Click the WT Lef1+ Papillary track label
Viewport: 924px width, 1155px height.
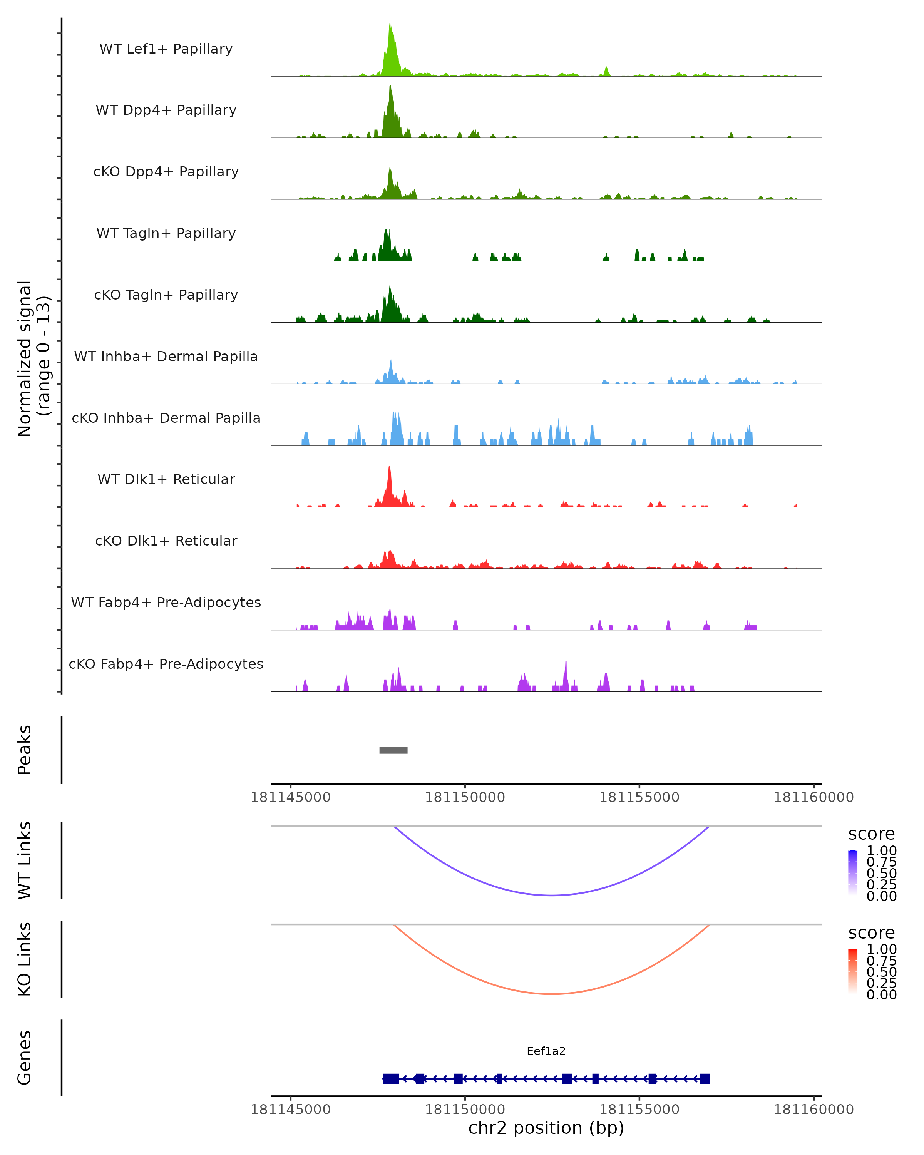[x=166, y=49]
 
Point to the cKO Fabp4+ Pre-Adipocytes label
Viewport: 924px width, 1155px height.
[x=166, y=664]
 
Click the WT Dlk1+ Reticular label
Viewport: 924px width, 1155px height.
[x=166, y=479]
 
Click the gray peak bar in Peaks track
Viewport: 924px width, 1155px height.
[x=393, y=750]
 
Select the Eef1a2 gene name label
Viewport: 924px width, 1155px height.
[x=546, y=1051]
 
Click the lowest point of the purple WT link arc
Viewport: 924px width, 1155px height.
[x=552, y=895]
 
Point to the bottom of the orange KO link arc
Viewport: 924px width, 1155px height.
[x=552, y=994]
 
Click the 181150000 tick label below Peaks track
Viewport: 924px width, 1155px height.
[x=465, y=797]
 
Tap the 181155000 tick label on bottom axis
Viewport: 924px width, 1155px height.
[x=639, y=1109]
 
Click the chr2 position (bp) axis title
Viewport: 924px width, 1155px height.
[x=546, y=1128]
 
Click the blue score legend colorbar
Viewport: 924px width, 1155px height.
[x=853, y=873]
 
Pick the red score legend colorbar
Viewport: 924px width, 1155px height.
[x=853, y=971]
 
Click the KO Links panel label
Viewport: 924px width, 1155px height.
[x=25, y=959]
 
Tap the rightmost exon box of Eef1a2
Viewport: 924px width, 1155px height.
[x=705, y=1078]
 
